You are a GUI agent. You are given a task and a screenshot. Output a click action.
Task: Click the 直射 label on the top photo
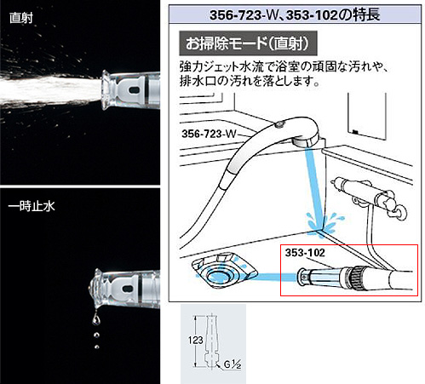coord(21,18)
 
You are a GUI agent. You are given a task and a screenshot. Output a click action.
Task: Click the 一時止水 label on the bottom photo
coord(32,206)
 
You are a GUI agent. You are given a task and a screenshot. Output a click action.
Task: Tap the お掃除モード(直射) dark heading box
coord(248,43)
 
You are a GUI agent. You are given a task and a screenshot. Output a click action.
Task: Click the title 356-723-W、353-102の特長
coord(295,14)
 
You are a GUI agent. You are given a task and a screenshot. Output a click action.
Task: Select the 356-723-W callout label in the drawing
coord(209,134)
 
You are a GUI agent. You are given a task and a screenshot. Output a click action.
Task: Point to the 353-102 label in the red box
coord(305,253)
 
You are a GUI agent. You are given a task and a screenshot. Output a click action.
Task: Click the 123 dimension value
coord(195,340)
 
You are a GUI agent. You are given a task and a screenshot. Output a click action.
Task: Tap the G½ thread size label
coord(233,364)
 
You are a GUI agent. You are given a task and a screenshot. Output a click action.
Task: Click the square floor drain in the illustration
coord(224,270)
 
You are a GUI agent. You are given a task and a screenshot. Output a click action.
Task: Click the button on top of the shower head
coord(279,123)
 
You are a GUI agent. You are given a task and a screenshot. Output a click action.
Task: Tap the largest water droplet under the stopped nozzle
coord(96,319)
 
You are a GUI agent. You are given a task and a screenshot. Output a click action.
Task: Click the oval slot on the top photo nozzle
coord(134,90)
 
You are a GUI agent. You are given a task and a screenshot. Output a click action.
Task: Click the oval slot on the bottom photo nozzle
coord(128,289)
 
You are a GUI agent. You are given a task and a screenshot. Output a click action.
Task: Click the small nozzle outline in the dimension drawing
coord(212,341)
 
